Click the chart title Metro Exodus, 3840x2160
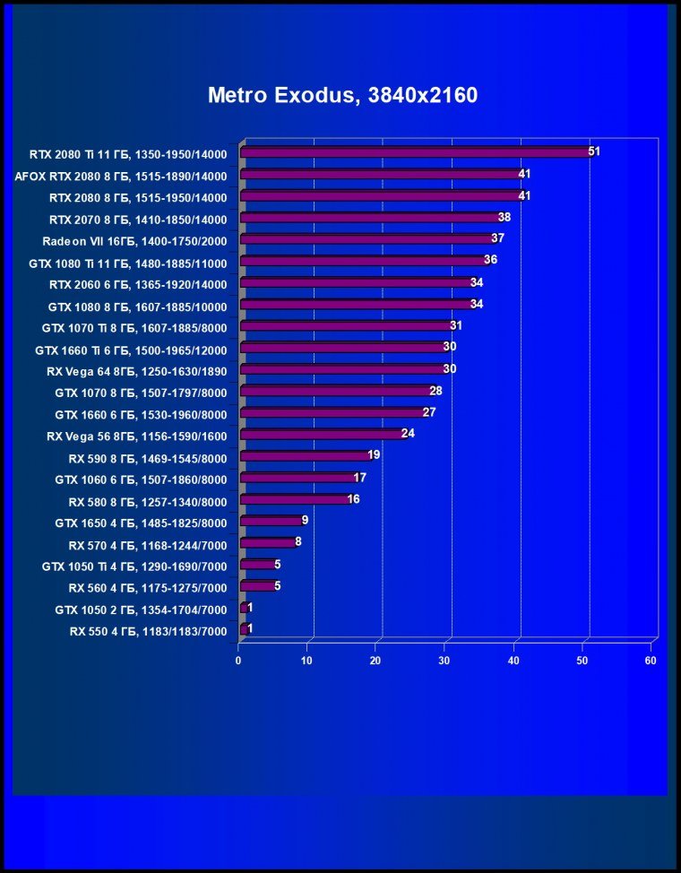[342, 95]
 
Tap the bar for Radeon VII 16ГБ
[367, 239]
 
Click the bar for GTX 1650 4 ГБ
[272, 521]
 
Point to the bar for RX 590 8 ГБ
[305, 455]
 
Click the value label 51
[593, 151]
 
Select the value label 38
[504, 217]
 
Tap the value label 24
[408, 434]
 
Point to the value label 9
[306, 520]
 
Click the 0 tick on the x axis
[238, 661]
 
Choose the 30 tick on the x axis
[444, 661]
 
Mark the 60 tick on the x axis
[651, 661]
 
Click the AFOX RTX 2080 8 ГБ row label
[121, 176]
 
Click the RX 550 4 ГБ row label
[148, 631]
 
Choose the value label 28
[435, 391]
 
